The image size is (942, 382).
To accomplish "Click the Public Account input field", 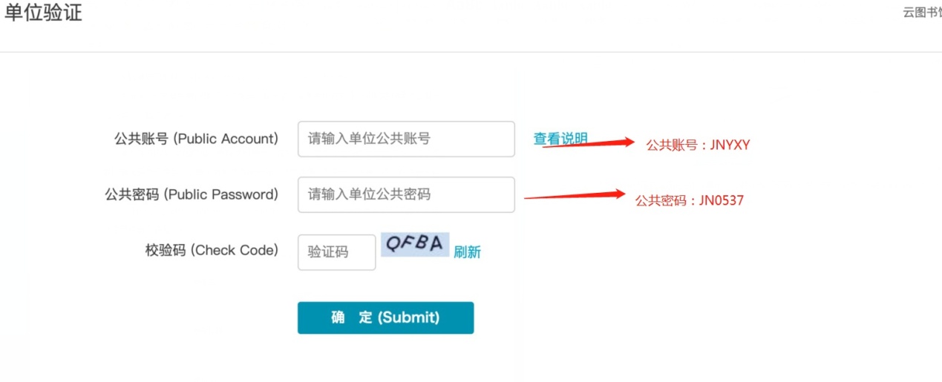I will coord(406,139).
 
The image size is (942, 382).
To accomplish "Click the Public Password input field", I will coord(406,194).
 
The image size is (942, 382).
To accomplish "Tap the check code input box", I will coord(336,252).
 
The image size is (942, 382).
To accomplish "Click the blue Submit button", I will coord(385,317).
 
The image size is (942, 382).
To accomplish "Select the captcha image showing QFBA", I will coord(415,244).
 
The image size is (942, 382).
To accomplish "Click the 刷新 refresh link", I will coord(467,252).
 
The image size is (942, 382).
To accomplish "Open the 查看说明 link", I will coord(560,139).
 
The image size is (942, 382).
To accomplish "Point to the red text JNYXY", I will coord(730,145).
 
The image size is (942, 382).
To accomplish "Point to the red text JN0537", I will coord(721,200).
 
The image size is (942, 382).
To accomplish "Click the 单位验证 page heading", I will coord(43,13).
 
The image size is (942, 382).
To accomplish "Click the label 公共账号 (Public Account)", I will coord(196,139).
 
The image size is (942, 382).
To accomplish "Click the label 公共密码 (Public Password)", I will coord(192,194).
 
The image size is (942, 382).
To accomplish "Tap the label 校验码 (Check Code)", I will coord(212,250).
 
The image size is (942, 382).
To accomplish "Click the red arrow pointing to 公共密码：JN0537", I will coord(575,196).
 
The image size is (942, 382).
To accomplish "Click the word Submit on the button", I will coord(409,317).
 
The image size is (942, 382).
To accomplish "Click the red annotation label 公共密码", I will coord(660,200).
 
